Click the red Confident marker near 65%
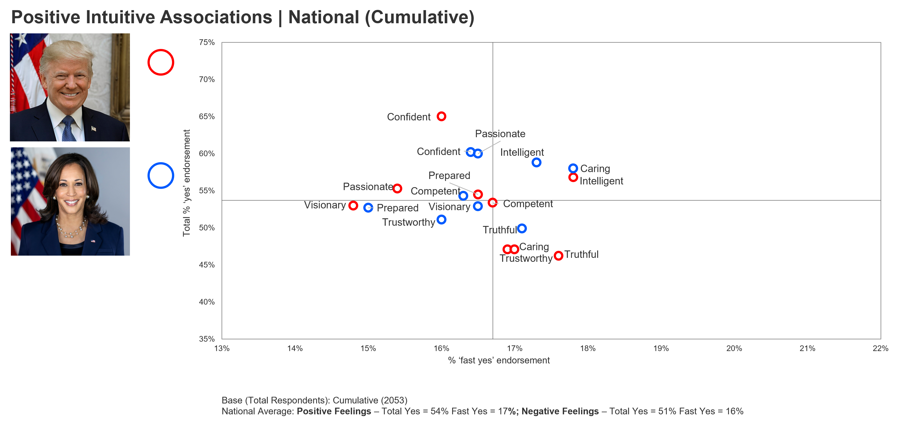(x=441, y=116)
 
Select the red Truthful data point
(x=558, y=255)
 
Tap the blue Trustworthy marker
(x=441, y=220)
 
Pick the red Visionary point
(x=353, y=205)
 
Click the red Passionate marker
(x=397, y=188)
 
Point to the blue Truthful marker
(x=522, y=228)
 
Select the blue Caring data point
(x=573, y=168)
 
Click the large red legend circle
(x=161, y=62)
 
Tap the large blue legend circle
(x=161, y=176)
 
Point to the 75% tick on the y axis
(x=207, y=42)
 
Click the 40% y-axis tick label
(x=207, y=302)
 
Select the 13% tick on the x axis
(x=222, y=348)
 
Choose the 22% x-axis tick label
(x=880, y=348)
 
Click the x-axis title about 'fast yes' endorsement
(x=498, y=360)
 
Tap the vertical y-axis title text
(x=186, y=183)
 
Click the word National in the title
(x=323, y=17)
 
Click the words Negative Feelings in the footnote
(x=560, y=411)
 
